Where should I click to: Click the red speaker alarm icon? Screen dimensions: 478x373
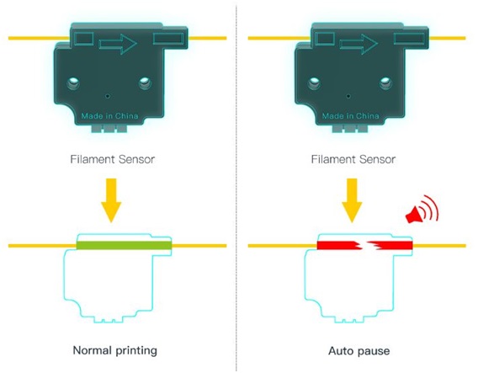[422, 209]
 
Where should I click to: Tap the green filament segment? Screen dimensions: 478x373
[124, 245]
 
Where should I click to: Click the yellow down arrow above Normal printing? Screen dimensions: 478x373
[111, 200]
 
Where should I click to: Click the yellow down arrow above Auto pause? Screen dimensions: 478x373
[352, 200]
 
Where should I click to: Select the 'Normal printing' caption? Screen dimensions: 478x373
[115, 350]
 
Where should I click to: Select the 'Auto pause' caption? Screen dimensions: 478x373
[358, 351]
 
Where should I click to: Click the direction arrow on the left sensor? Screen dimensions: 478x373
[118, 45]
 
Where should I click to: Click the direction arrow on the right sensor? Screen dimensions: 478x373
[358, 45]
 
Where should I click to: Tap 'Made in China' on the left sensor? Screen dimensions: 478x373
[109, 116]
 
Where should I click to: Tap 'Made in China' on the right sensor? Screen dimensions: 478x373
[351, 116]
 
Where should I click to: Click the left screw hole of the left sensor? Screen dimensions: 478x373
[73, 83]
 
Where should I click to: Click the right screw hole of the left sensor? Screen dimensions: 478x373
[145, 83]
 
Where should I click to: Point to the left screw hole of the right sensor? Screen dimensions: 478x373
[314, 83]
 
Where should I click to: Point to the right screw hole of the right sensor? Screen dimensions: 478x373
[385, 83]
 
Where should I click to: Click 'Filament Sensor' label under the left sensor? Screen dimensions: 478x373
[113, 159]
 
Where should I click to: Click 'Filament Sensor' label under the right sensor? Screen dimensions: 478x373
[353, 159]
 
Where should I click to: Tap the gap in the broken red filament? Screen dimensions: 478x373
[364, 245]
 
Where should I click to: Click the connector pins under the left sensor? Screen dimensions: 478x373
[109, 128]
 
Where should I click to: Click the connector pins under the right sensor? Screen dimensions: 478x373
[350, 128]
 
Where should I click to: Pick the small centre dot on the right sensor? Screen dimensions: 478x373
[348, 96]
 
